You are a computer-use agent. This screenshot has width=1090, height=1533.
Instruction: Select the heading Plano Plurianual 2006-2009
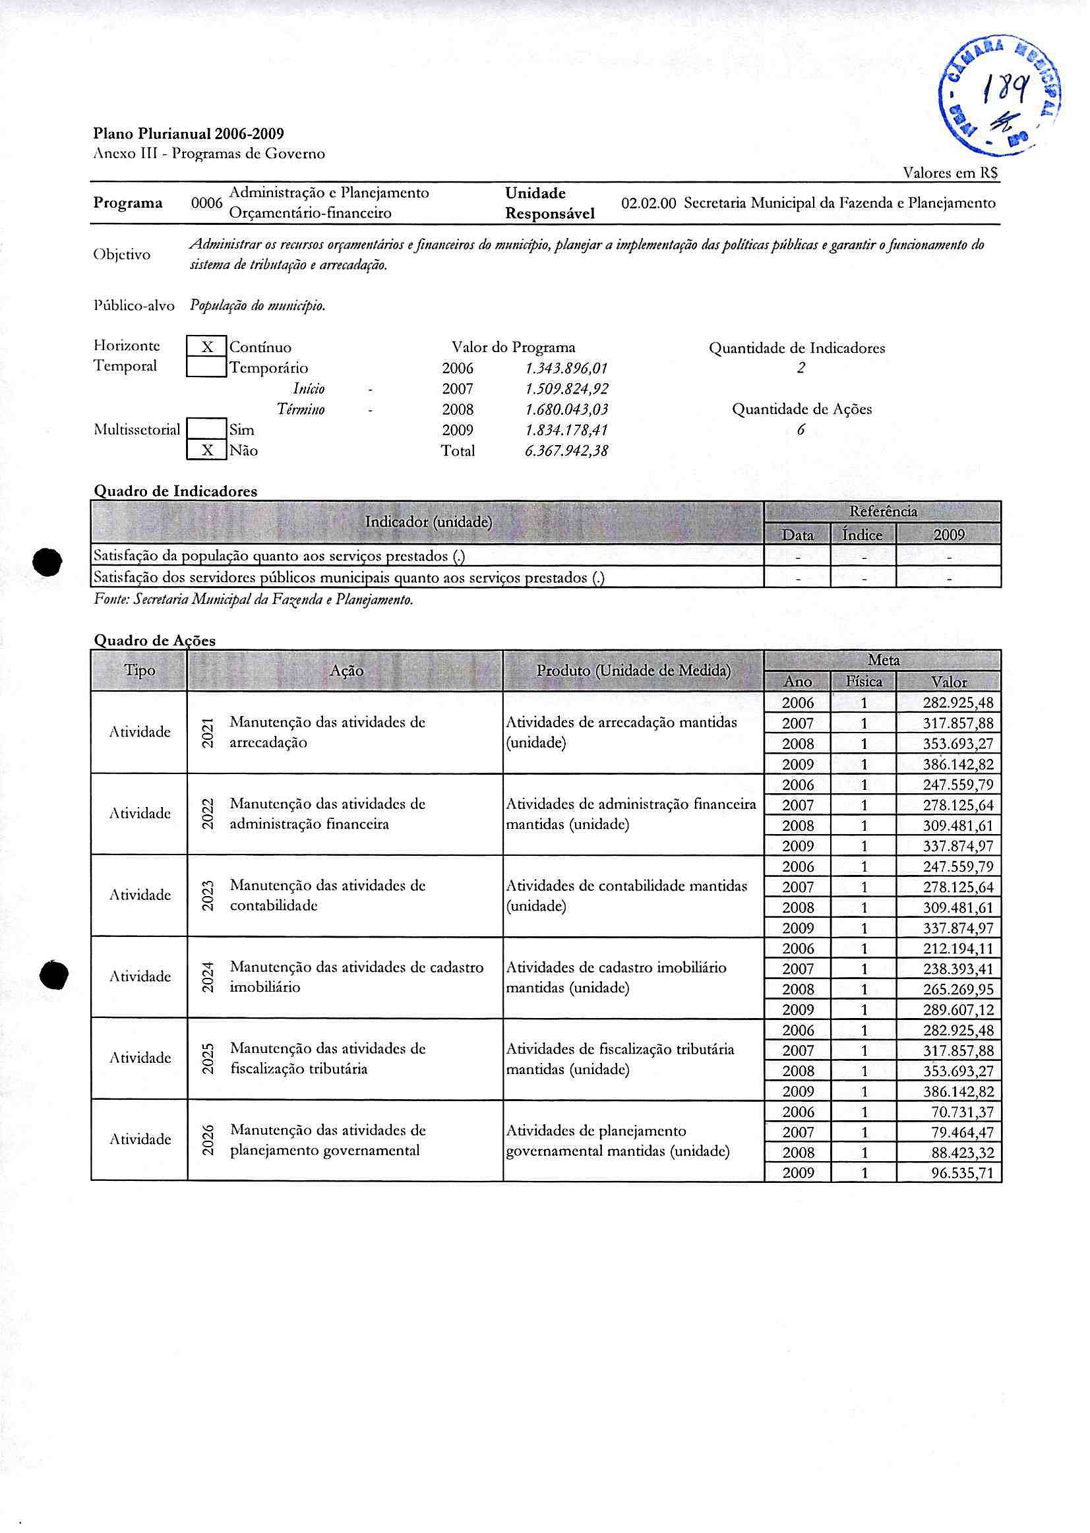point(189,134)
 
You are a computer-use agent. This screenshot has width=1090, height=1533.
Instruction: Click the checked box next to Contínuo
point(207,347)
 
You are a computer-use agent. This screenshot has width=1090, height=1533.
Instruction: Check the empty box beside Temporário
point(207,368)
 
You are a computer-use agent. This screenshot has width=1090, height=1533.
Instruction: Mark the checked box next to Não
point(207,450)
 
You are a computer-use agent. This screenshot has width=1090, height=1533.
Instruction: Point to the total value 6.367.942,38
point(566,451)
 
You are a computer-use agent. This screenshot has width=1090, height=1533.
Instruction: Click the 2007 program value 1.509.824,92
point(566,389)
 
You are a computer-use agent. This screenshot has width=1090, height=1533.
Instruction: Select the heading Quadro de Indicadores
point(175,491)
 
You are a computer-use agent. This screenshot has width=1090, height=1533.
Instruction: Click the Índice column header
point(863,535)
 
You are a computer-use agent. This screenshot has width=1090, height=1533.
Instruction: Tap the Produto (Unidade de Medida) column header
point(633,671)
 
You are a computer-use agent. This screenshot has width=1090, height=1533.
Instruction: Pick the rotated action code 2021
point(208,733)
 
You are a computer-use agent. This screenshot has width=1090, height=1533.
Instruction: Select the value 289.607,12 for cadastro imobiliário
point(957,1009)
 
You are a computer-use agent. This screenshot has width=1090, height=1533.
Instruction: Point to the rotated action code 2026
point(208,1139)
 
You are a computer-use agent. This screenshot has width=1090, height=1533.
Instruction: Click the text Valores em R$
point(950,173)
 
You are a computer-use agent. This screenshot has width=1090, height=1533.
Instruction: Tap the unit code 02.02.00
point(648,203)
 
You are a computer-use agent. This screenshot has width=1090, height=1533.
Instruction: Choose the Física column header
point(864,682)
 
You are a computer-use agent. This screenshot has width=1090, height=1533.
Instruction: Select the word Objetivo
point(122,255)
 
